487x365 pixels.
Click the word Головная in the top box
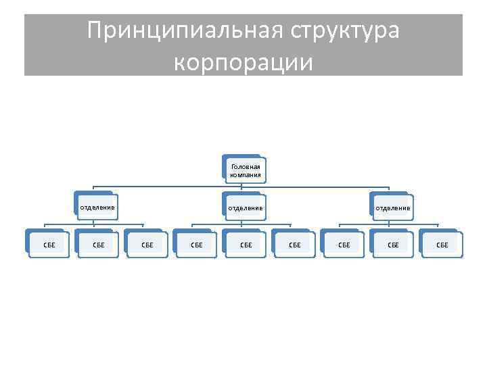click(x=245, y=166)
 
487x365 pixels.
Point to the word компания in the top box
click(x=245, y=174)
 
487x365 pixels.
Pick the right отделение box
click(x=392, y=208)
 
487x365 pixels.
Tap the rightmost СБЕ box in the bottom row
click(x=442, y=244)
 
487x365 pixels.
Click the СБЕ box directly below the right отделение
click(x=393, y=244)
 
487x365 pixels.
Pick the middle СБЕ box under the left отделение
click(x=98, y=244)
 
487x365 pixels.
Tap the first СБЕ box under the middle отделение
click(x=196, y=244)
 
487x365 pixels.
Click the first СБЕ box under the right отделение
click(x=344, y=244)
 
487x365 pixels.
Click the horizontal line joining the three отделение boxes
click(x=169, y=187)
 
